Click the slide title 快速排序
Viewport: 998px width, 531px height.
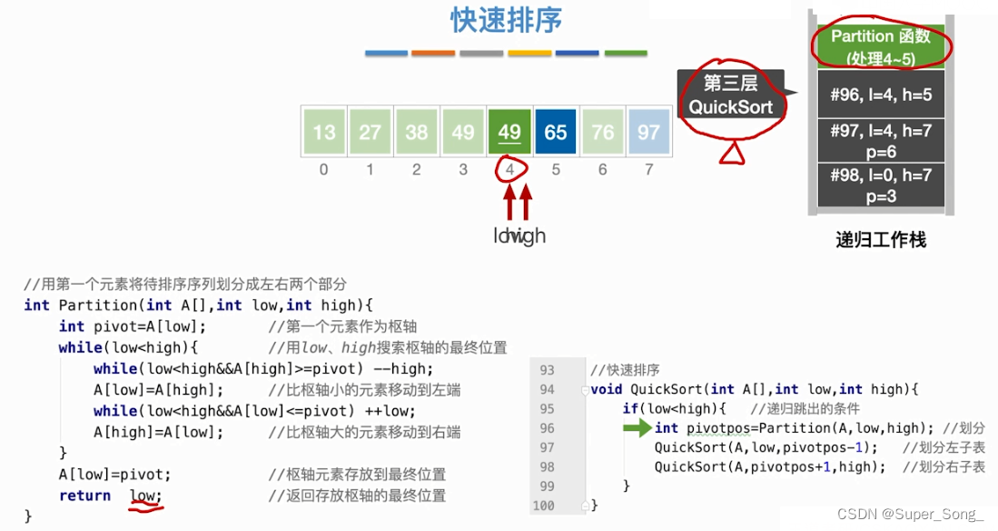[506, 21]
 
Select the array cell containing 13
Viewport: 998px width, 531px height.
[324, 132]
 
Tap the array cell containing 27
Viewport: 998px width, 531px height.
[370, 132]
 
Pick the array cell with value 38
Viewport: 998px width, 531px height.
[416, 132]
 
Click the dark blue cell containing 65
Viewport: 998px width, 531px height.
[556, 132]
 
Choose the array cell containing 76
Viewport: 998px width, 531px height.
[602, 132]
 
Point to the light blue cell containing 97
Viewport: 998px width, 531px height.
[648, 132]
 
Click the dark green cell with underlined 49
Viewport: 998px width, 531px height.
[509, 132]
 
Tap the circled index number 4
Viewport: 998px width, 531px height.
[509, 169]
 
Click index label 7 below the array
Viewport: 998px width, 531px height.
[648, 169]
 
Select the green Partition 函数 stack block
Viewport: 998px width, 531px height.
[880, 46]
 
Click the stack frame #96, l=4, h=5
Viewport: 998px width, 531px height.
[880, 94]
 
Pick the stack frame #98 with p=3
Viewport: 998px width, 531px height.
[880, 185]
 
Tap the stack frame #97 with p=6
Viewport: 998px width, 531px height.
[880, 140]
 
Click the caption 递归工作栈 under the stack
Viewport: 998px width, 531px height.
[880, 241]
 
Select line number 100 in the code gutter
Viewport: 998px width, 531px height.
[543, 505]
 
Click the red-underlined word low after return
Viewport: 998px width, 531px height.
[143, 496]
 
